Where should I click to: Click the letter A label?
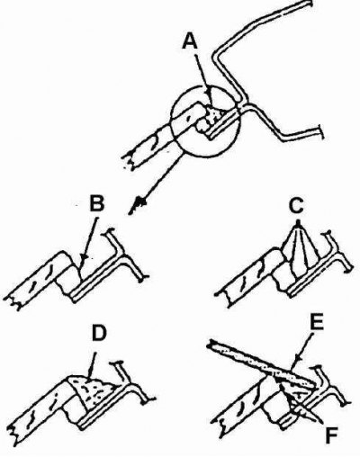click(x=190, y=40)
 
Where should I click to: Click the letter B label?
click(x=96, y=204)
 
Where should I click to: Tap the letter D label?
click(x=98, y=334)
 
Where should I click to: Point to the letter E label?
click(x=316, y=322)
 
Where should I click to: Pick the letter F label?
click(x=332, y=436)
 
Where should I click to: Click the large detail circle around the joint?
click(x=206, y=121)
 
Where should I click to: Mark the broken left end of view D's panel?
click(x=15, y=431)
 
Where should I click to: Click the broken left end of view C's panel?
click(x=222, y=299)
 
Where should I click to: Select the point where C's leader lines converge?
click(x=298, y=222)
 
